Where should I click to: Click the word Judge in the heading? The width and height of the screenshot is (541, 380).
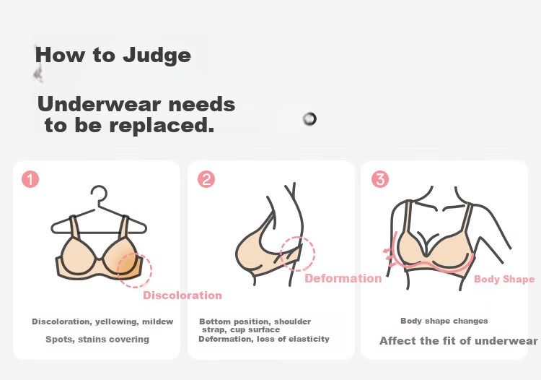click(157, 56)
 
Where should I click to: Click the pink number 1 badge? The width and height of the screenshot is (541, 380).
click(30, 179)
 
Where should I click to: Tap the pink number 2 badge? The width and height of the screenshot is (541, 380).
click(206, 179)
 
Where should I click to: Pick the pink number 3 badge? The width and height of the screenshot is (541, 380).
click(380, 179)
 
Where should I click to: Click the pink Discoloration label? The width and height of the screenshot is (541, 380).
click(182, 295)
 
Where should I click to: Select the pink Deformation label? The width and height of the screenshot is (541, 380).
click(343, 278)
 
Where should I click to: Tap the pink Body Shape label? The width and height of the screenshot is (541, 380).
click(504, 279)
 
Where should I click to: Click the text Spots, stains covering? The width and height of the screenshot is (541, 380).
click(97, 340)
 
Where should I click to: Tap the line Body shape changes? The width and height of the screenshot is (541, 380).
click(444, 321)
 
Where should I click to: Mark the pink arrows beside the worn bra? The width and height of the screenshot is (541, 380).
click(390, 256)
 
